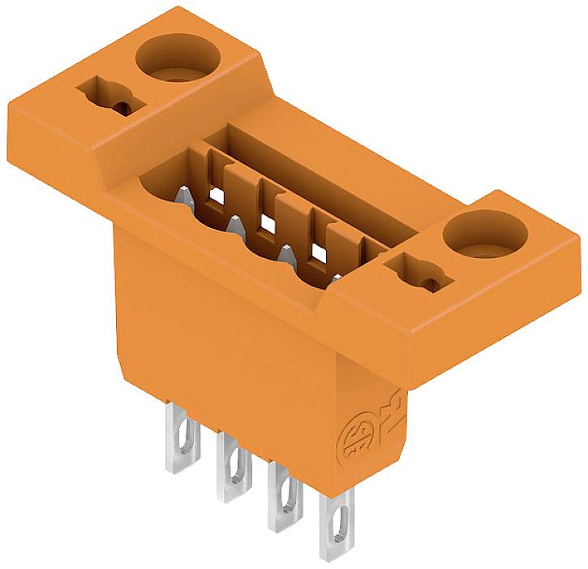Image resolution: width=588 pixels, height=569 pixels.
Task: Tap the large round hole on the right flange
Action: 479,237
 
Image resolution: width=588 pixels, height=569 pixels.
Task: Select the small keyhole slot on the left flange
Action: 109,96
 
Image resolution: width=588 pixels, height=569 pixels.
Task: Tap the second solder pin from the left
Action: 233,468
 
